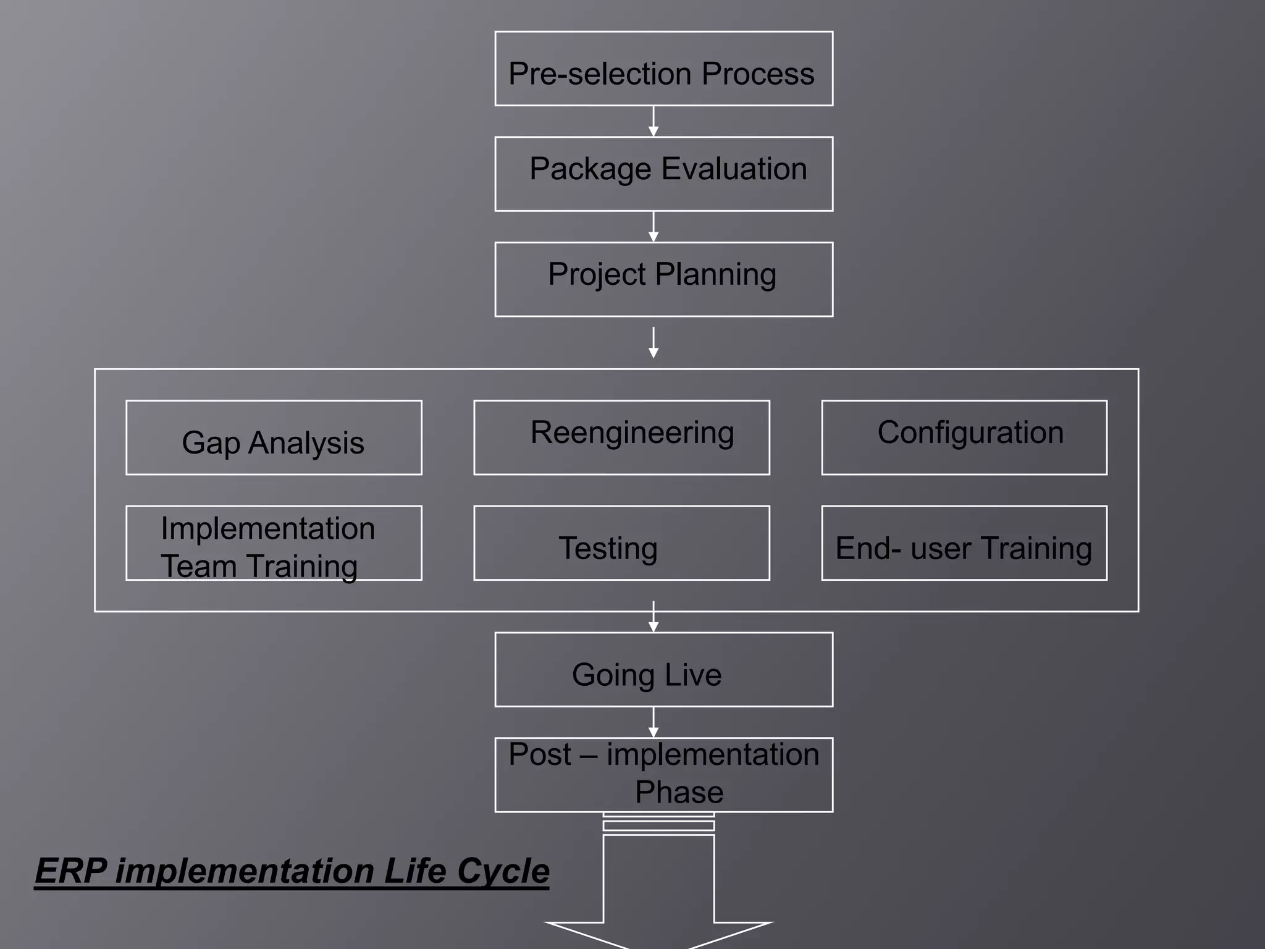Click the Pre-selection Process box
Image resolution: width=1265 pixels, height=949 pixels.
coord(663,69)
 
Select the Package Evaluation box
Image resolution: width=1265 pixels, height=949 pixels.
coord(663,174)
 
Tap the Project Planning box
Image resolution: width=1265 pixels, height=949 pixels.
coord(663,279)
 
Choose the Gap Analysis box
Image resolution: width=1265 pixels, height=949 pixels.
coord(274,437)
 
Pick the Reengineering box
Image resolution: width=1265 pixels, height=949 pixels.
coord(621,437)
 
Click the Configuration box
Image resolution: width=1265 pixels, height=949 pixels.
coord(964,437)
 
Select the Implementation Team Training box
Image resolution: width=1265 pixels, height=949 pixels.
coord(274,543)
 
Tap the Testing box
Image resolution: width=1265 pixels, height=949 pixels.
coord(621,543)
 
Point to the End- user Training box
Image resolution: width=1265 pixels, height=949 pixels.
coord(964,543)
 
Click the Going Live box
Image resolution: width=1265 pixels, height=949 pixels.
coord(663,669)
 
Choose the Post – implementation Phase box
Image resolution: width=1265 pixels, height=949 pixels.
coord(663,775)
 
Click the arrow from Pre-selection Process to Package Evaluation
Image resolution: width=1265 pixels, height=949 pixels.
coord(654,122)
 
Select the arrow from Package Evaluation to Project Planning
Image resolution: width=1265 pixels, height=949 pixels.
coord(654,227)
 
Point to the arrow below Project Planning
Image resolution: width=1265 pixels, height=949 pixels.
coord(654,343)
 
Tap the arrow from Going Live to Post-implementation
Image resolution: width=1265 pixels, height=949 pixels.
coord(654,722)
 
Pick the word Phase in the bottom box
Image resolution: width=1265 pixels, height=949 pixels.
coord(679,792)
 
